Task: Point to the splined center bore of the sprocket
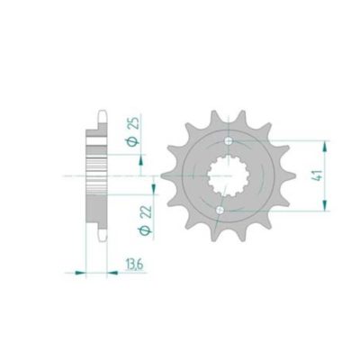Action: pos(226,176)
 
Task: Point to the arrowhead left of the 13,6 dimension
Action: pos(82,269)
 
